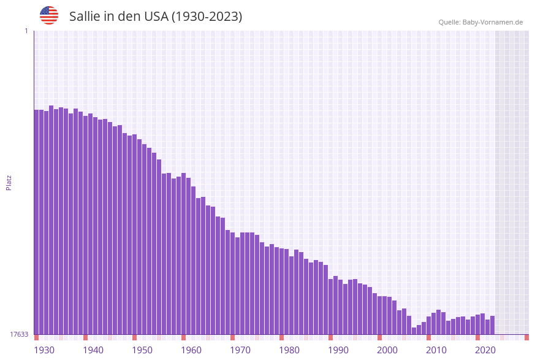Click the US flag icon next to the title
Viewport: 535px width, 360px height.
tap(49, 15)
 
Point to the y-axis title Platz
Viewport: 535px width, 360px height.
tap(9, 182)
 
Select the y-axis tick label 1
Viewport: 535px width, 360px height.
tap(26, 31)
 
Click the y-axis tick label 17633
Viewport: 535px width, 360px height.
tap(19, 334)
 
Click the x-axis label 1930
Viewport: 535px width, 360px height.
tap(44, 350)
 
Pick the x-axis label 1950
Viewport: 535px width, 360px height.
tap(142, 350)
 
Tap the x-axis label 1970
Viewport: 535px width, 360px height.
tap(240, 350)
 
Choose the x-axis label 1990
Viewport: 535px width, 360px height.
tap(338, 350)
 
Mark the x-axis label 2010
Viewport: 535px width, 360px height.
tap(436, 350)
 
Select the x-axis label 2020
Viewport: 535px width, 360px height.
tap(485, 350)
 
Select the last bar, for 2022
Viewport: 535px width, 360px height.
tap(493, 325)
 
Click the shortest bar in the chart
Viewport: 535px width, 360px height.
tap(414, 331)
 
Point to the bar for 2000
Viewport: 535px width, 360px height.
tap(380, 315)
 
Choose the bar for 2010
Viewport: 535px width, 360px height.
tap(429, 326)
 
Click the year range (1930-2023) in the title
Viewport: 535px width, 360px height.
tap(207, 17)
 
